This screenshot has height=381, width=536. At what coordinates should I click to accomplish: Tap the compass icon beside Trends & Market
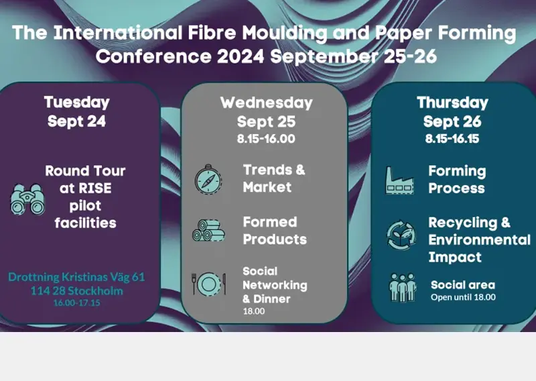[208, 179]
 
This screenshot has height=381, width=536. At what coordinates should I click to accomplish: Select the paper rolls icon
[208, 230]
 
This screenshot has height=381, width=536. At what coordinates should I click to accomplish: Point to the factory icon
[400, 180]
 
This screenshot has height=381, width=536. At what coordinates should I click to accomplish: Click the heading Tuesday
[76, 103]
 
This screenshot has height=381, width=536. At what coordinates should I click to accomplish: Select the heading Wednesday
[266, 103]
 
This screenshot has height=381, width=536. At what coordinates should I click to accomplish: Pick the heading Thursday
[452, 103]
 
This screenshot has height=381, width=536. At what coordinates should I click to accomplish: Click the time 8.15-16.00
[266, 139]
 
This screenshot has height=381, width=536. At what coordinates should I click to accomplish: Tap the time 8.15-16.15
[452, 139]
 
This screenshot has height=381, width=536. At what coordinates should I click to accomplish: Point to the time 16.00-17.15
[76, 303]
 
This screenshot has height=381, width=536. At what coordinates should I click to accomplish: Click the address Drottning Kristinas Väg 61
[76, 276]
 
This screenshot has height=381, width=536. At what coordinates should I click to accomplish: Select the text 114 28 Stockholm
[76, 290]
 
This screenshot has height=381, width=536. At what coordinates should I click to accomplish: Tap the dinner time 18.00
[254, 311]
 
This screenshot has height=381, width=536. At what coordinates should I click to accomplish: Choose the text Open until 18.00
[463, 297]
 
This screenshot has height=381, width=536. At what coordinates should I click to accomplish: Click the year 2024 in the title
[241, 56]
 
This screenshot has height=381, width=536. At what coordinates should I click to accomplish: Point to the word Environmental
[479, 239]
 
